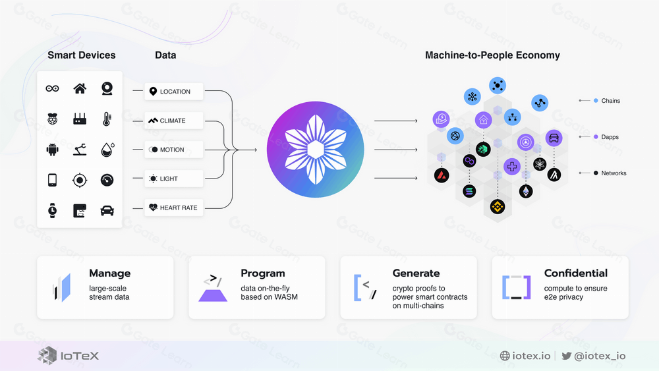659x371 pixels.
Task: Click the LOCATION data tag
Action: pyautogui.click(x=174, y=92)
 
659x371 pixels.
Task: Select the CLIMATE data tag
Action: pyautogui.click(x=174, y=121)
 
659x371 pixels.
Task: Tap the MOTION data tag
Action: pyautogui.click(x=174, y=150)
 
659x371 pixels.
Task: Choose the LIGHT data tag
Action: pyautogui.click(x=174, y=179)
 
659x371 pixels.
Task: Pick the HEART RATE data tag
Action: pyautogui.click(x=174, y=208)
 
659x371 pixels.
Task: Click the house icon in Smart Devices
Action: pyautogui.click(x=80, y=88)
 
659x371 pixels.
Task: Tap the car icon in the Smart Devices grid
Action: pyautogui.click(x=107, y=210)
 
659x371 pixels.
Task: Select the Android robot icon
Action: pyautogui.click(x=52, y=150)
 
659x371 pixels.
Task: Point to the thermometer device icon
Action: pyautogui.click(x=107, y=119)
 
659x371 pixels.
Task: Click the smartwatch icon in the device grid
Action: pyautogui.click(x=52, y=210)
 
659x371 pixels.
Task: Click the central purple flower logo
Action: pyautogui.click(x=315, y=150)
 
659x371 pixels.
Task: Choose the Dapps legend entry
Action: pyautogui.click(x=610, y=137)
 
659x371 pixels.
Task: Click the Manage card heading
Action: pyautogui.click(x=109, y=273)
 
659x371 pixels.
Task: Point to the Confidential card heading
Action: pyautogui.click(x=575, y=273)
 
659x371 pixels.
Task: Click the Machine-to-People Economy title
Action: pyautogui.click(x=492, y=55)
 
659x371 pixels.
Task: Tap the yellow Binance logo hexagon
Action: pyautogui.click(x=497, y=207)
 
